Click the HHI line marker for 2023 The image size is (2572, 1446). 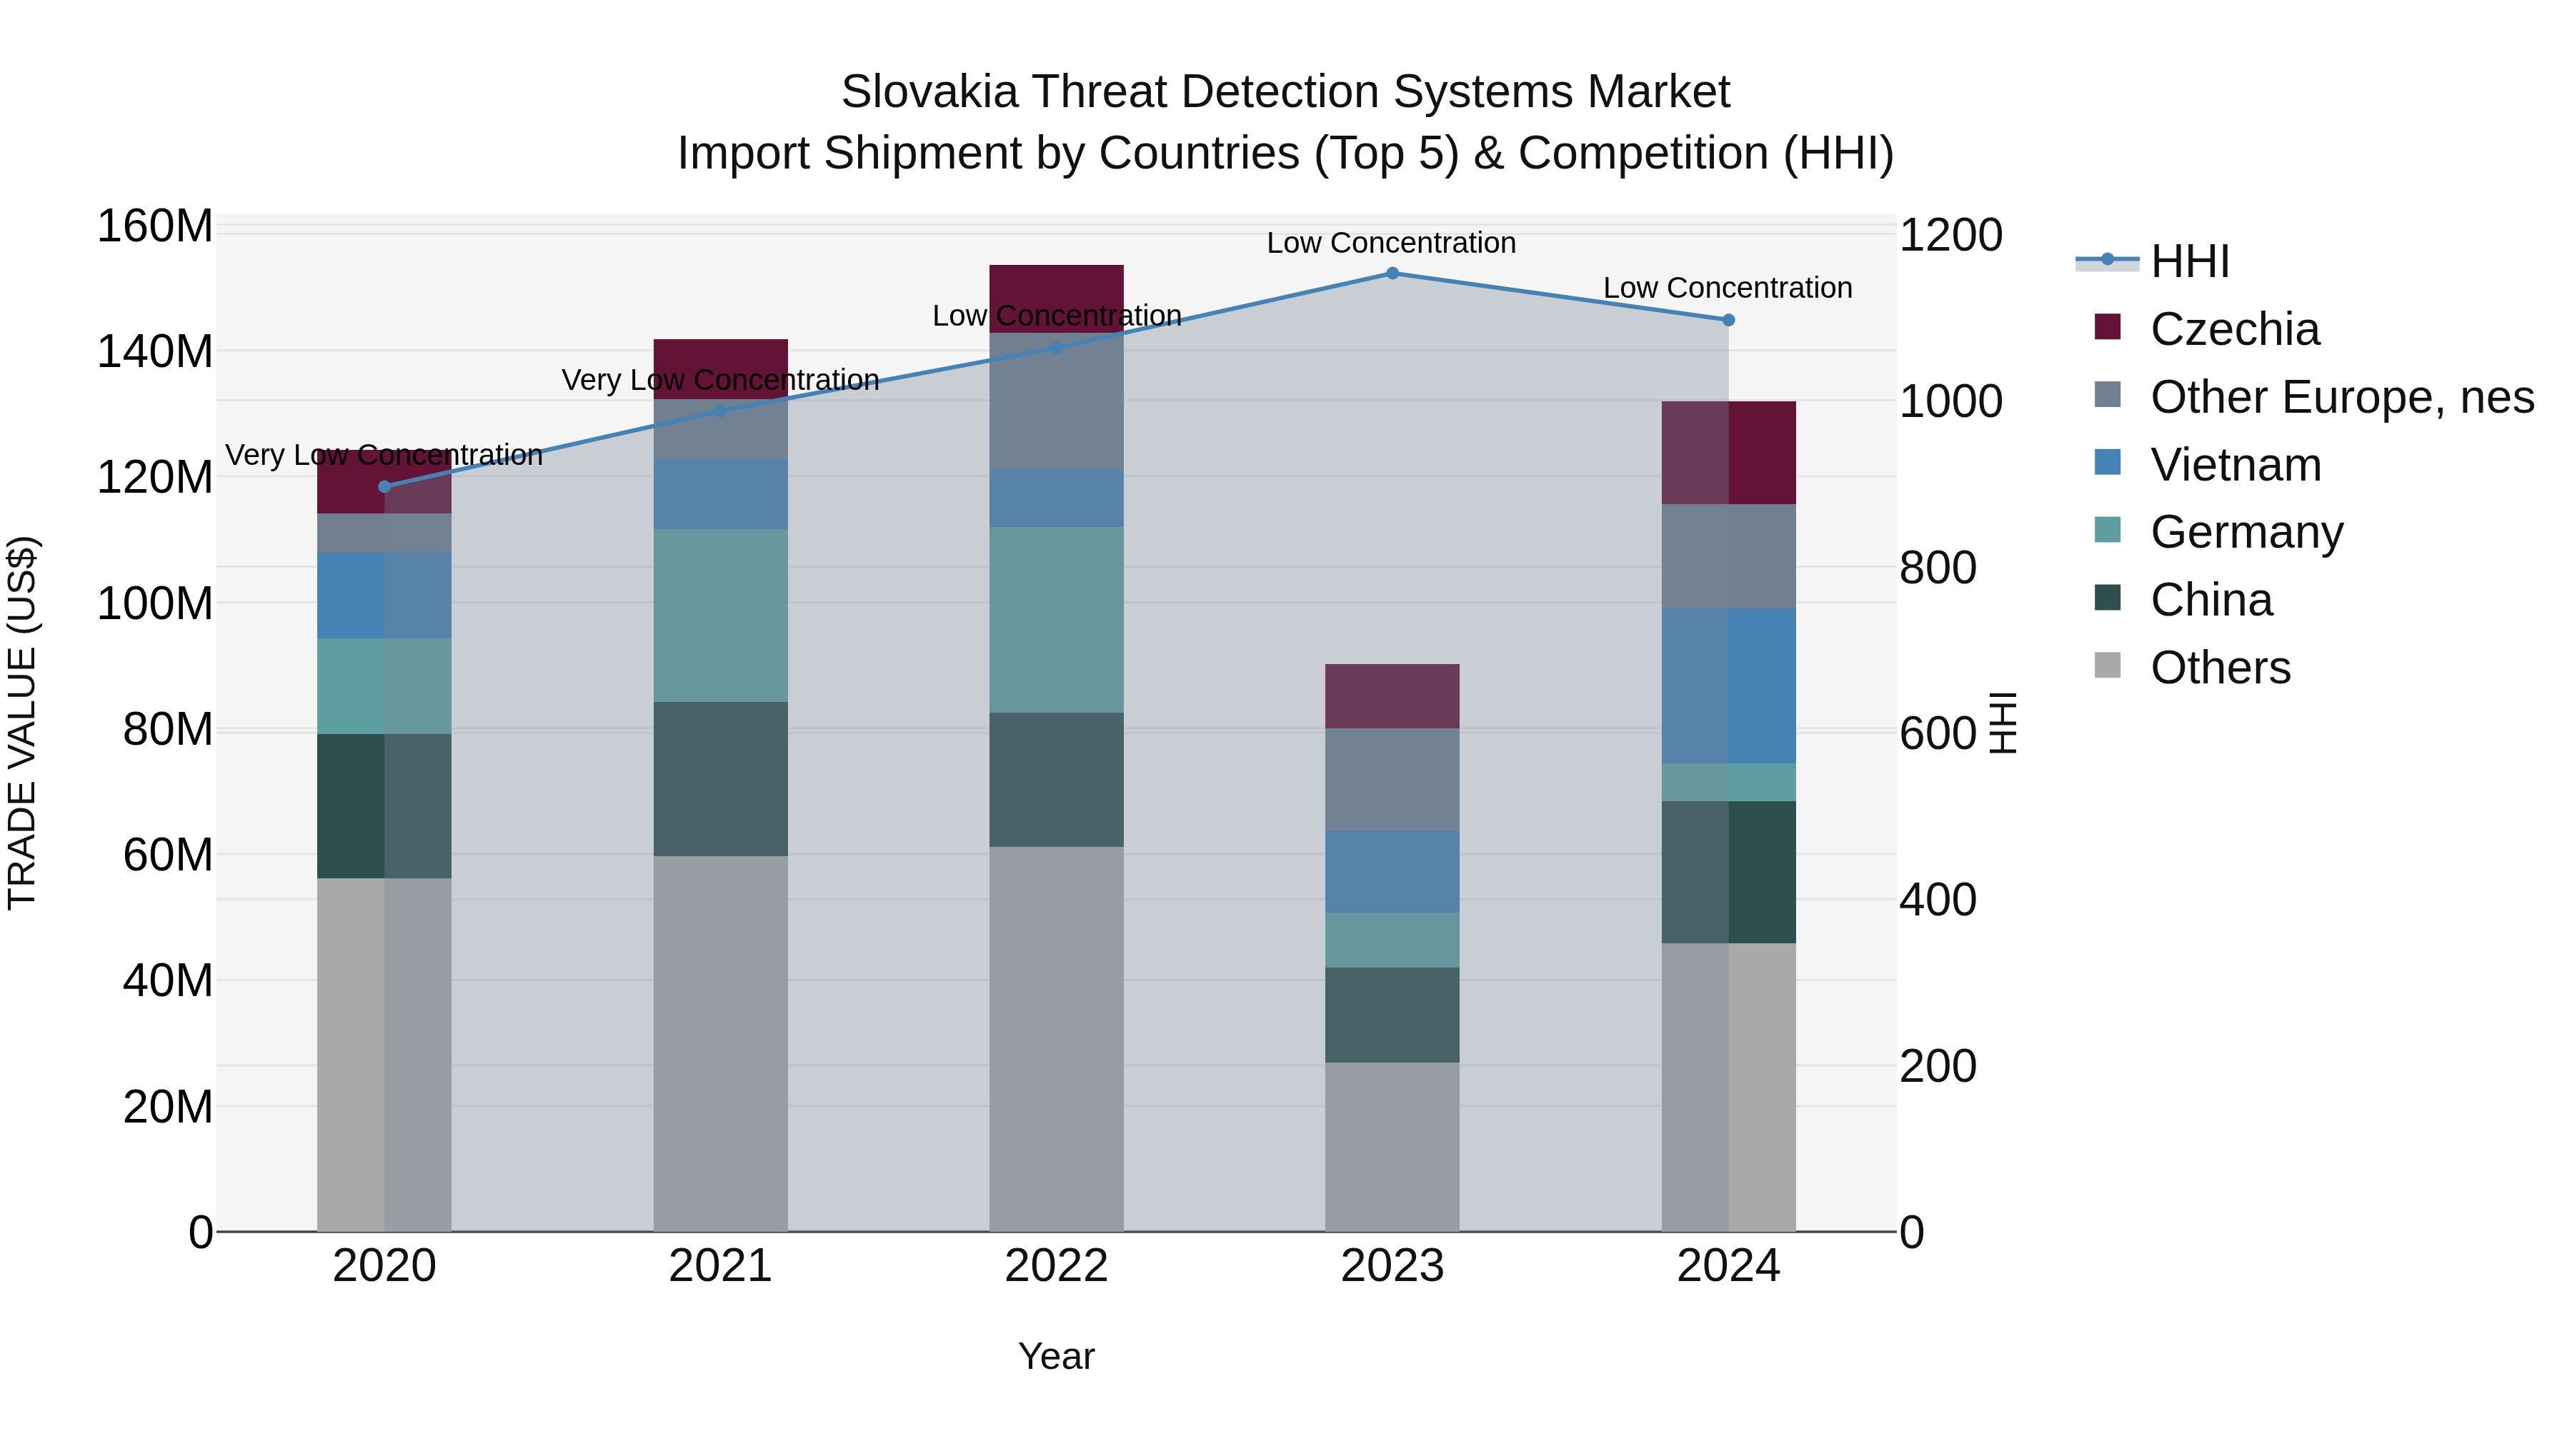tap(1392, 273)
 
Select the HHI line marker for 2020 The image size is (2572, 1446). tap(384, 486)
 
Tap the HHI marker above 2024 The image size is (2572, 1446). tap(1728, 319)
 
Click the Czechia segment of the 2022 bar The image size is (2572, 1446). tap(1057, 297)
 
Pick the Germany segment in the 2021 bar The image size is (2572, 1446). tap(720, 615)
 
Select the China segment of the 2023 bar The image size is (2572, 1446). tap(1392, 1014)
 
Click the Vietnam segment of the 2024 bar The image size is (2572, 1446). tap(1728, 686)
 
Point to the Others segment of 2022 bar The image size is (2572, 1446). tap(1057, 1038)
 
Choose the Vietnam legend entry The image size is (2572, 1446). tap(2235, 465)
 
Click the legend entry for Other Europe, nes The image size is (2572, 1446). tap(2341, 397)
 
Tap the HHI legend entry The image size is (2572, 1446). tap(2188, 261)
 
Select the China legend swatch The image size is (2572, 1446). tap(2107, 598)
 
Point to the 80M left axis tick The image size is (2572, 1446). tap(166, 730)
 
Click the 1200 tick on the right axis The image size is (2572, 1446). tap(1950, 236)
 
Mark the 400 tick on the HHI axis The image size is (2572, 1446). tap(1937, 899)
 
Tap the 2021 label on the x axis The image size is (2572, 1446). tap(720, 1266)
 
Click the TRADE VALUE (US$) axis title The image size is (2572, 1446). tap(22, 721)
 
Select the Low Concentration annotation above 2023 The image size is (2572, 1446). tap(1391, 243)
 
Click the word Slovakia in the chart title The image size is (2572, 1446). tap(929, 92)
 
